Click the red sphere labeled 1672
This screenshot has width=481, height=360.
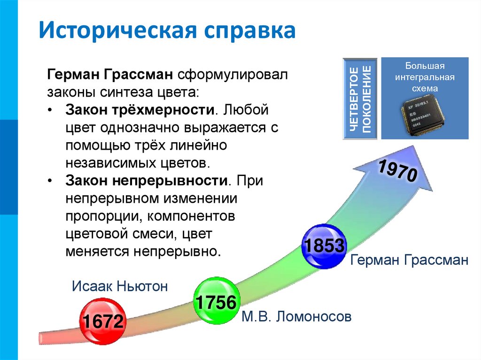103,321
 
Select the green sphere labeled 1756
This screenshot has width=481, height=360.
216,302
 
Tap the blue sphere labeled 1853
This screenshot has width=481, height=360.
325,246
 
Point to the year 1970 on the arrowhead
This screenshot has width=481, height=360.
397,170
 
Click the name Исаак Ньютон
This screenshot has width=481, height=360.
119,287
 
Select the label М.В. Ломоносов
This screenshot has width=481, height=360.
296,317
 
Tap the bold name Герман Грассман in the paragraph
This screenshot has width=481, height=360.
110,75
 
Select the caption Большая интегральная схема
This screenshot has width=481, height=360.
424,77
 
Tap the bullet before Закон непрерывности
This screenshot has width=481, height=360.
51,182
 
